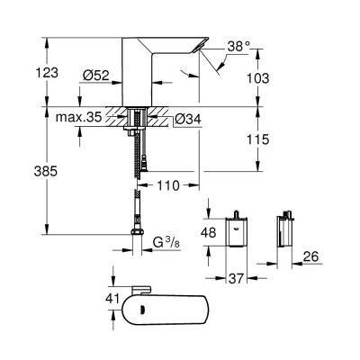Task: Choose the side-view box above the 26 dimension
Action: pos(289,232)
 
